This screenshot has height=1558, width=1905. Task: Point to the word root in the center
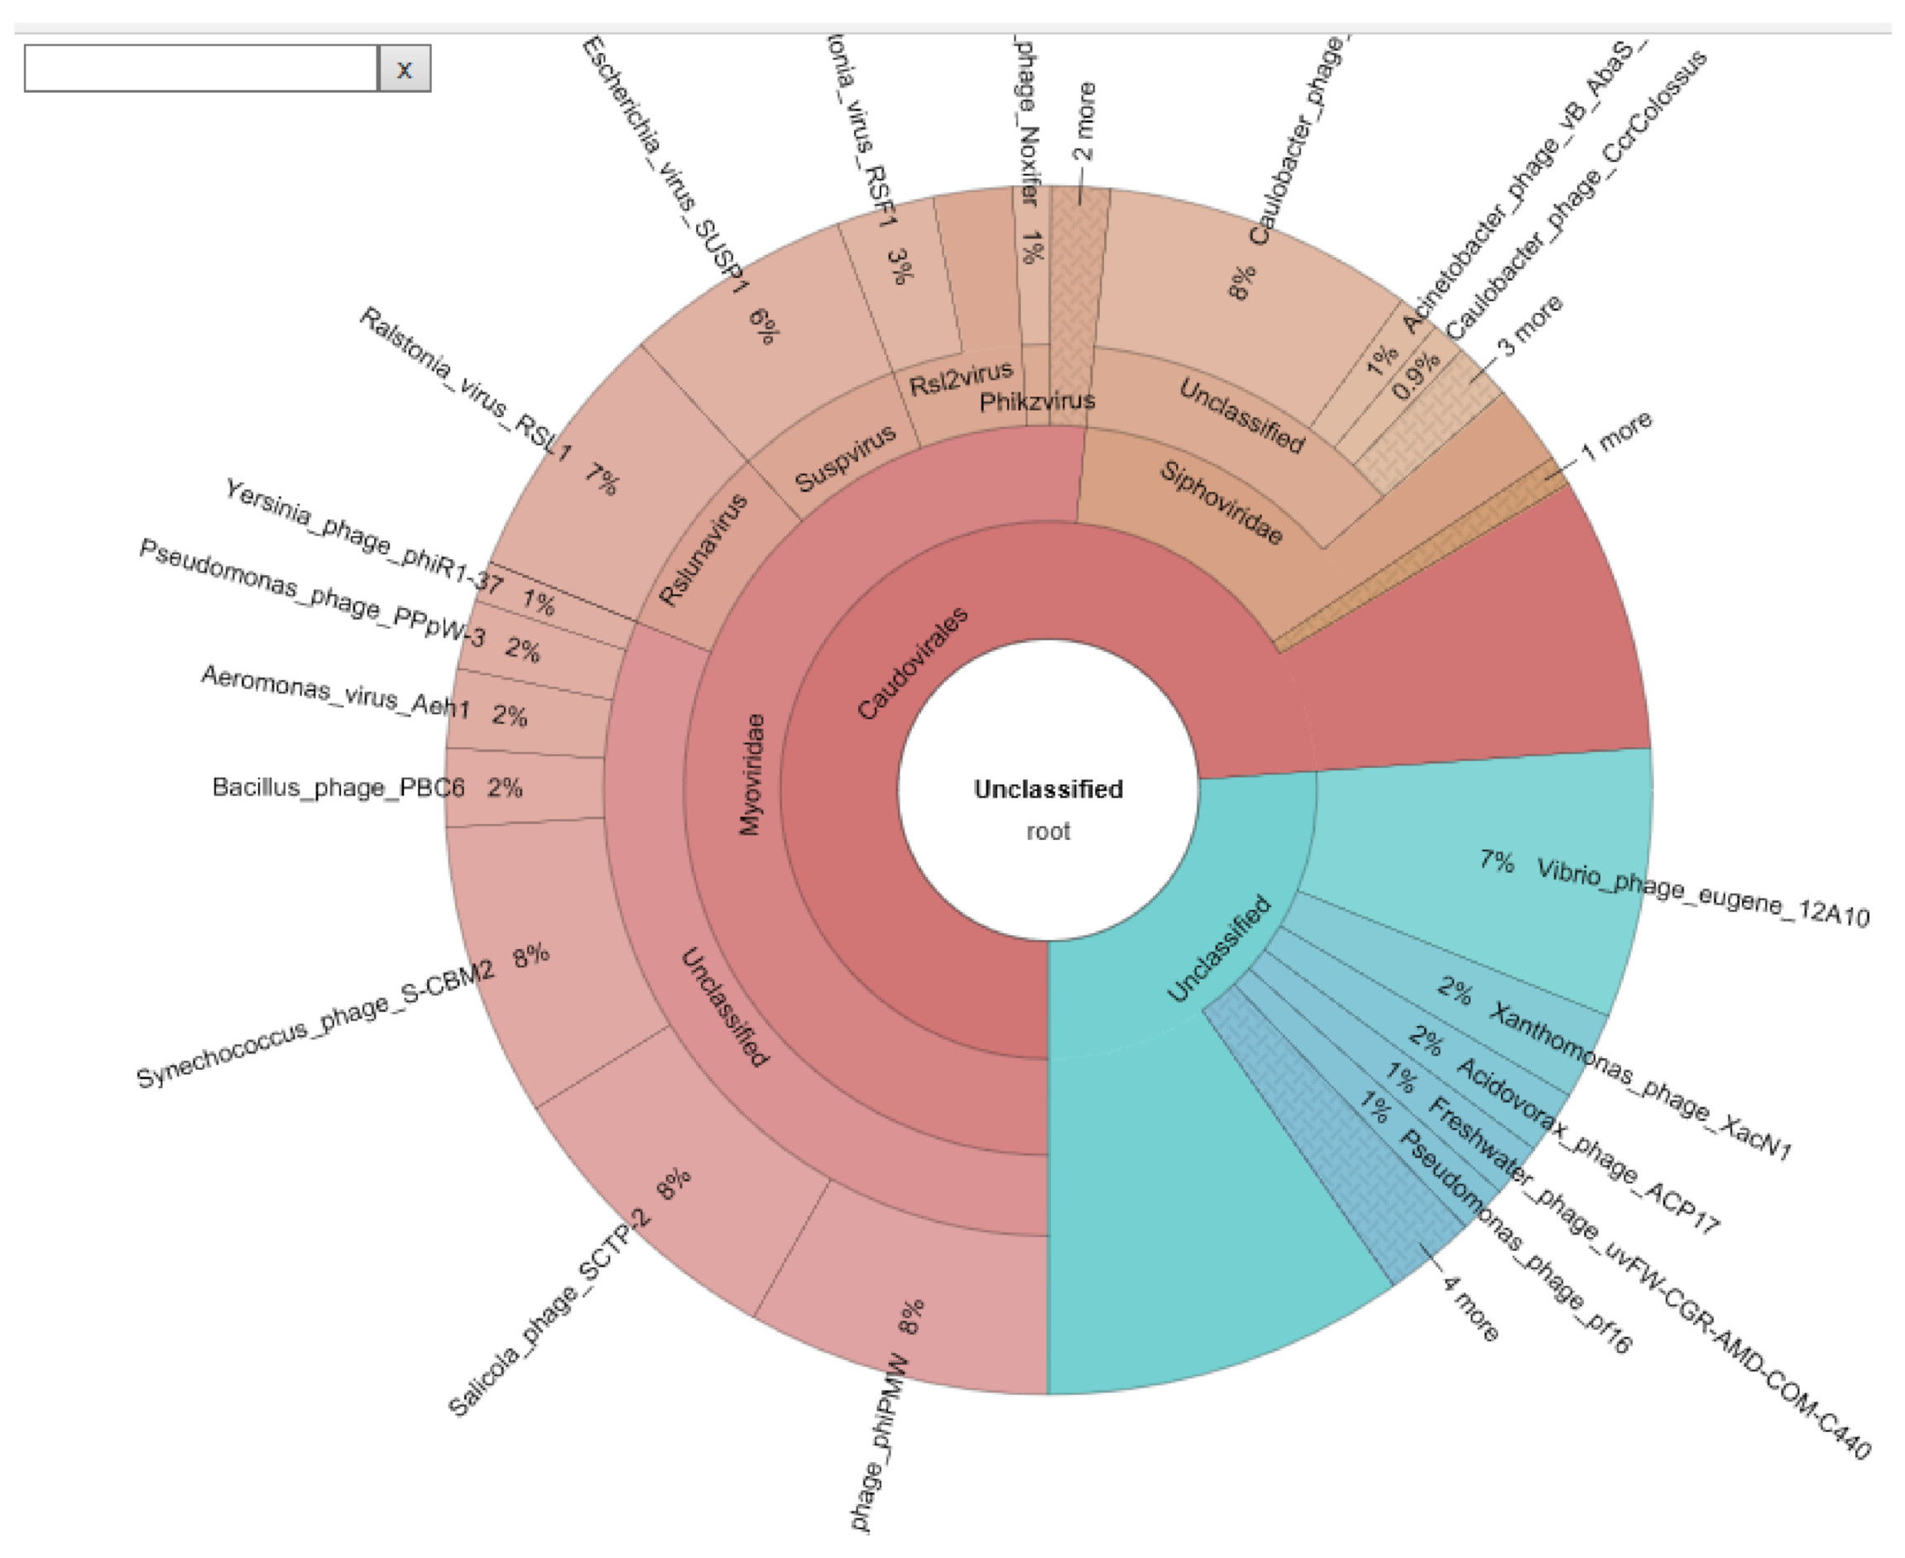(1048, 831)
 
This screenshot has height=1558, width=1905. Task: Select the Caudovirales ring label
(912, 664)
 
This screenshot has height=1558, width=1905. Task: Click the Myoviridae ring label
(752, 774)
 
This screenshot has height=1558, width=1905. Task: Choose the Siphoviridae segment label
(1221, 502)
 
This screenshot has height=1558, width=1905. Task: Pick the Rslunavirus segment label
(703, 549)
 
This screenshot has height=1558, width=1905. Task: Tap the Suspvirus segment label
(846, 458)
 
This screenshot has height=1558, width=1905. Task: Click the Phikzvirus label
(1037, 400)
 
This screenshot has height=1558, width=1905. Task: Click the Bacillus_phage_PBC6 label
(338, 788)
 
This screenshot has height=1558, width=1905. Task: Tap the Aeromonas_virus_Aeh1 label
(335, 691)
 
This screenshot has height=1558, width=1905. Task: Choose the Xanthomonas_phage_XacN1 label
(1639, 1081)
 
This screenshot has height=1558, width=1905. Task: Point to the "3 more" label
(1530, 325)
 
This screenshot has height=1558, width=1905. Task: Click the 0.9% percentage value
(1416, 376)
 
